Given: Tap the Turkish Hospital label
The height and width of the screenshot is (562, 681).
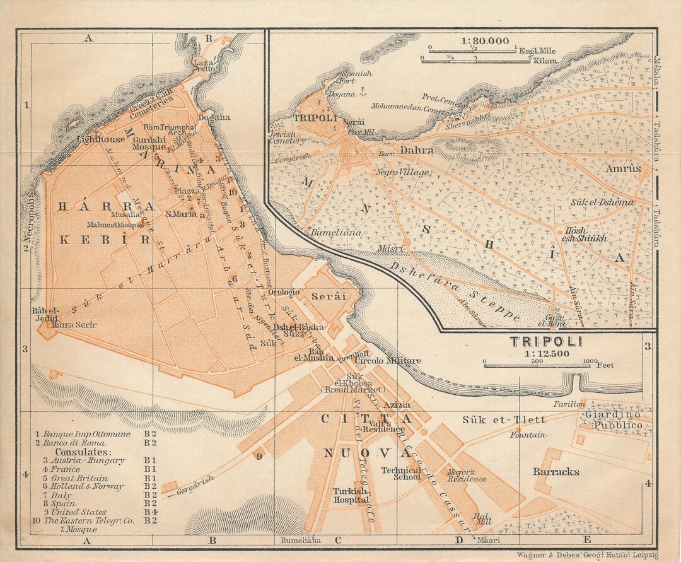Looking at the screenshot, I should click(x=352, y=495).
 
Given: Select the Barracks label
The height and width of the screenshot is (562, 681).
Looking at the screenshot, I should click(x=556, y=472).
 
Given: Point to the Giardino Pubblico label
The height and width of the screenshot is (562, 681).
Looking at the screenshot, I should click(x=612, y=420).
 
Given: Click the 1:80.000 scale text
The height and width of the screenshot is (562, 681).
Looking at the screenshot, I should click(x=485, y=41).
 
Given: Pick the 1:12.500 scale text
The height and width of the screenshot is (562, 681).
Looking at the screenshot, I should click(x=546, y=353).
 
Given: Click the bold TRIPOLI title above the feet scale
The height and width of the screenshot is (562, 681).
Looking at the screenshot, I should click(x=546, y=341).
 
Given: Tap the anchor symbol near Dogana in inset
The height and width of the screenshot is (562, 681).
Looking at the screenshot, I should click(x=362, y=93).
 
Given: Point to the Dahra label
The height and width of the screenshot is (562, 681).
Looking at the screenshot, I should click(x=417, y=150).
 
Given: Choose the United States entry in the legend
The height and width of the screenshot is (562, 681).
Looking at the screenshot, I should click(x=80, y=512).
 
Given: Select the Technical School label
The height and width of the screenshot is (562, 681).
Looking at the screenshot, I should click(x=401, y=474).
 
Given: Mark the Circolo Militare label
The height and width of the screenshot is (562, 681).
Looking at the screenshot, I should click(x=388, y=361).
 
